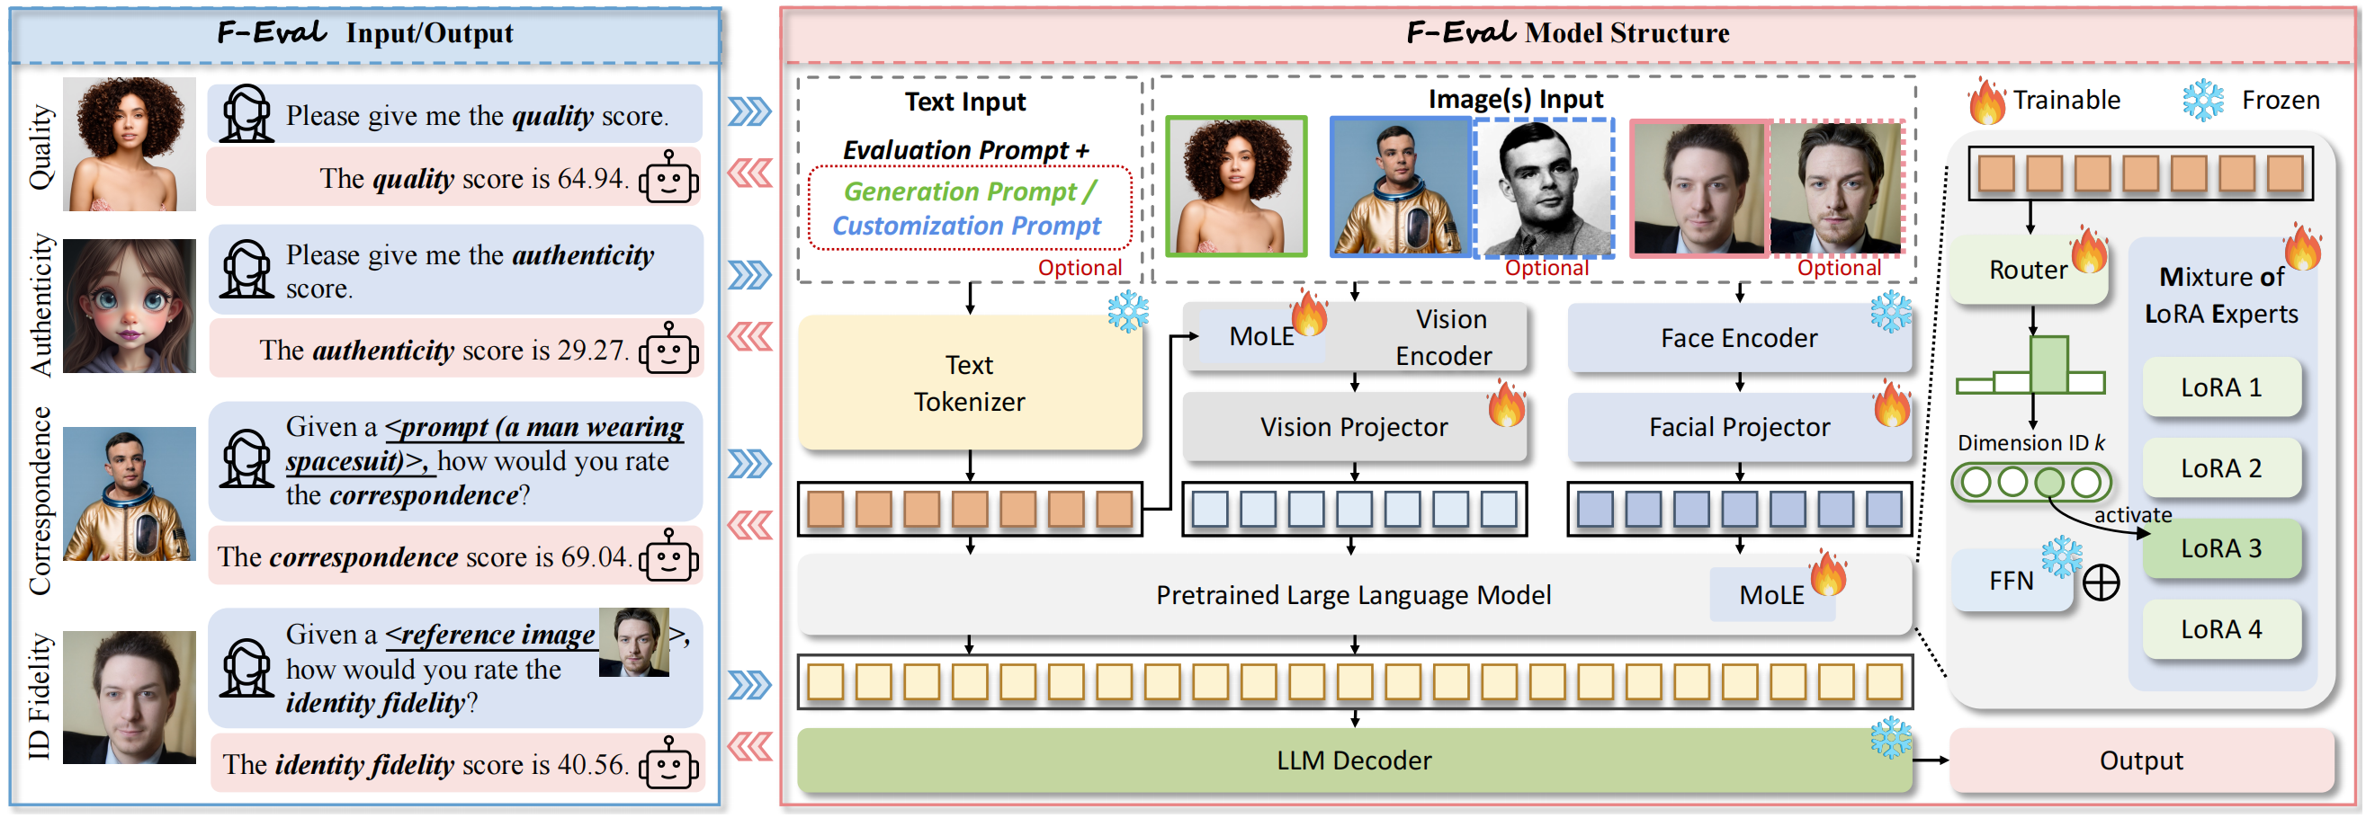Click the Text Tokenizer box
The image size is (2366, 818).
(969, 384)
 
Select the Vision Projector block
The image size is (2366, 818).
(1353, 428)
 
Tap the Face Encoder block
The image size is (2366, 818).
(1738, 339)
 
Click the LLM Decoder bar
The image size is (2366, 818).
(1353, 761)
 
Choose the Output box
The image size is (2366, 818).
(2140, 761)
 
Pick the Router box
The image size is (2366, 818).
(2027, 271)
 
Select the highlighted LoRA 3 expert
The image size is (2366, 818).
(2220, 549)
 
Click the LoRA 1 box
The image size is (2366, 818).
(2220, 388)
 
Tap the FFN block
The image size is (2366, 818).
(2011, 581)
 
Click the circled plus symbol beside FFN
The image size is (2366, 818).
(2101, 583)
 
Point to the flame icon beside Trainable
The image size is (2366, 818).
(1985, 101)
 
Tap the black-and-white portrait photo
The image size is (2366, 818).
(1545, 188)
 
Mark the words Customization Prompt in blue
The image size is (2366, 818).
(966, 227)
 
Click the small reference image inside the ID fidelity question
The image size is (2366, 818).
(632, 643)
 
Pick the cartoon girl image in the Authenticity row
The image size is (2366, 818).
(130, 307)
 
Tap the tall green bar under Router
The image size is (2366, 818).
(2048, 365)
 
